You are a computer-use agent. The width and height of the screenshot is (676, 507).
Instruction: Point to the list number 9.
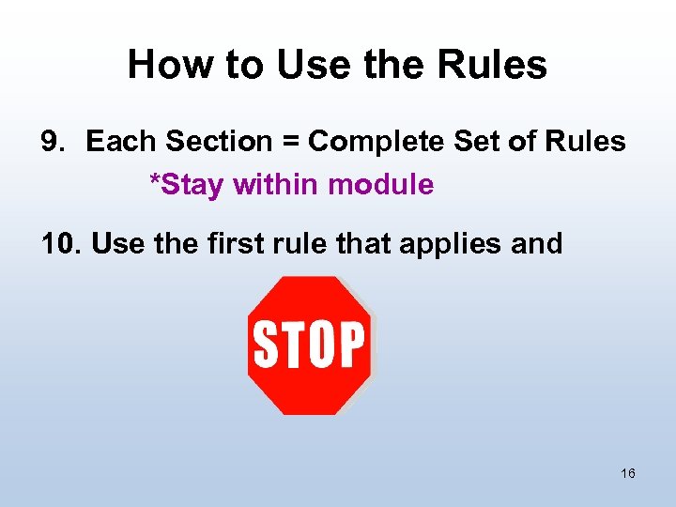(51, 142)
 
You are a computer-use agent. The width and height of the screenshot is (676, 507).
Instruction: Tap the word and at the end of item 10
(537, 244)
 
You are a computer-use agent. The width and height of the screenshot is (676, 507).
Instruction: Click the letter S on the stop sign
(266, 345)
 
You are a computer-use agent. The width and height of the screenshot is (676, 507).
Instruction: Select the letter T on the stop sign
(290, 345)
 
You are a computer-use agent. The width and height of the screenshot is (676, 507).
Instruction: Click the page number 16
(627, 473)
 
